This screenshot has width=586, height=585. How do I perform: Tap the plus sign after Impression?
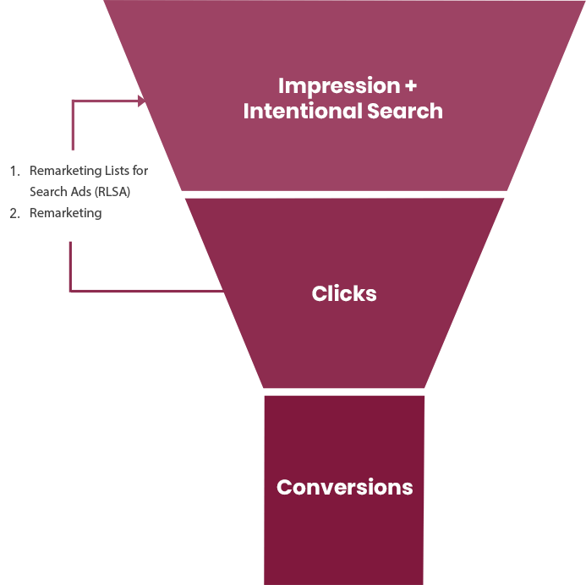(x=411, y=86)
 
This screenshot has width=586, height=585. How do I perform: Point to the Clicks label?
(x=344, y=294)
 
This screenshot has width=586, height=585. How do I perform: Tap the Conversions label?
(x=345, y=488)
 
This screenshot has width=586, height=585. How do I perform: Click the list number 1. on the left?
(x=14, y=171)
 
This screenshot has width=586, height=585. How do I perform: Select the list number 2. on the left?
(x=14, y=213)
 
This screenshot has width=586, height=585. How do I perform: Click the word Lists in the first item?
(x=118, y=171)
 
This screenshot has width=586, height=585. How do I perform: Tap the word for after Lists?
(x=141, y=171)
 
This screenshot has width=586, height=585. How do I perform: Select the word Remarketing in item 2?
(x=66, y=213)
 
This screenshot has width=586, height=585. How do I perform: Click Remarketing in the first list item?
(x=66, y=171)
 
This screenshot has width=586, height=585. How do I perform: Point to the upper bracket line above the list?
(x=73, y=123)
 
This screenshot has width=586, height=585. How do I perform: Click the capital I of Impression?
(x=282, y=86)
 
